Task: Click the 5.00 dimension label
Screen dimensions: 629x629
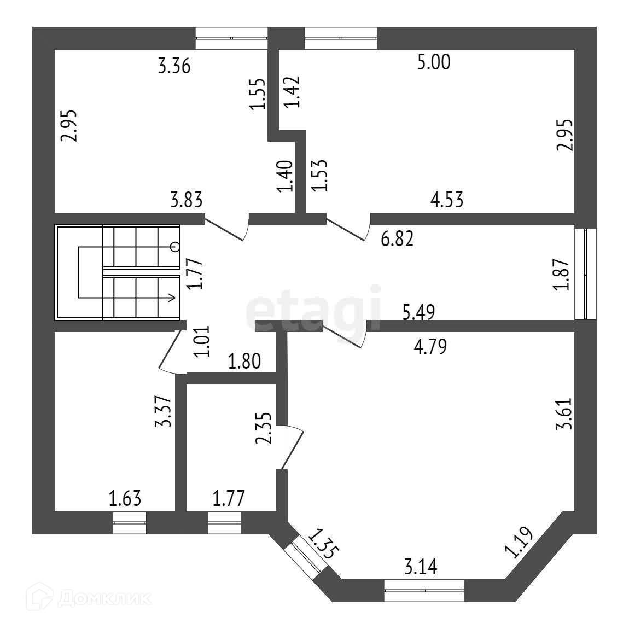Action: click(434, 62)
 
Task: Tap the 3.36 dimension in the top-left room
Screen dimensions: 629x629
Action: click(174, 67)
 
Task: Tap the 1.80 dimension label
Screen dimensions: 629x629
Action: click(243, 362)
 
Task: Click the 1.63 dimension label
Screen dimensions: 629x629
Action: click(125, 498)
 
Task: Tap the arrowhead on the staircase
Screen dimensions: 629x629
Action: click(172, 298)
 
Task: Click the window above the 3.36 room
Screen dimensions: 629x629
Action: click(231, 38)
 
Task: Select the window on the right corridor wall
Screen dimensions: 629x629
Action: click(585, 273)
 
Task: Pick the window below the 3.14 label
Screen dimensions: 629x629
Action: click(424, 590)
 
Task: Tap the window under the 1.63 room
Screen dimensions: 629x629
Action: click(130, 523)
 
